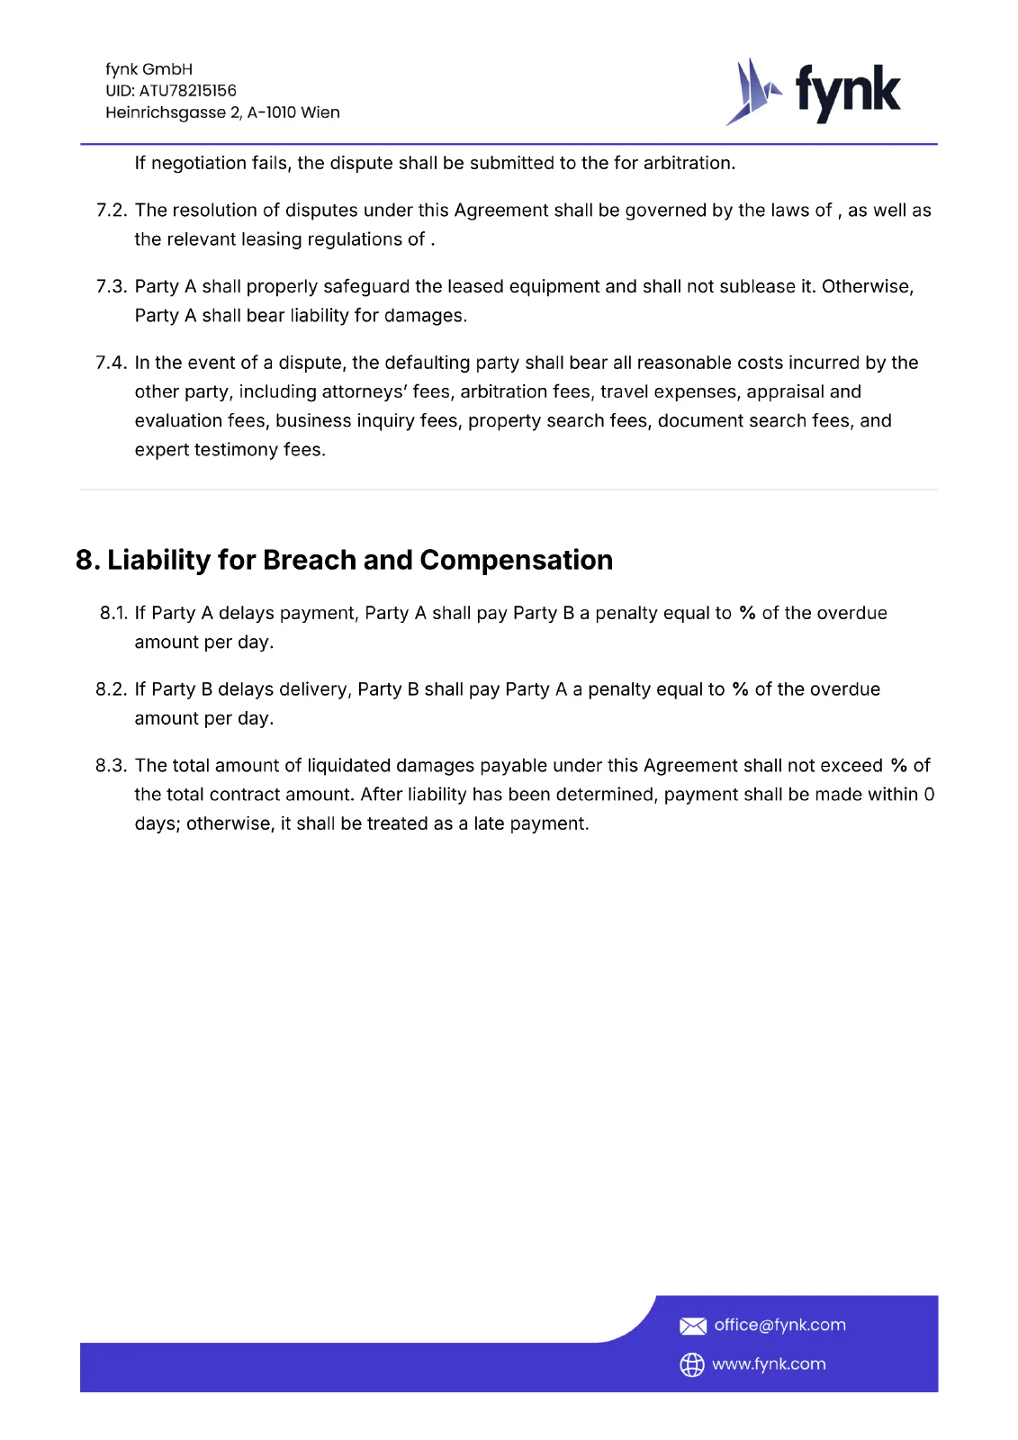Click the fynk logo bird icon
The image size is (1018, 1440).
(752, 92)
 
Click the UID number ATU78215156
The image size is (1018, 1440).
(187, 91)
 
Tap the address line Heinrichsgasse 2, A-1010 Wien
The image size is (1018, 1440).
(222, 112)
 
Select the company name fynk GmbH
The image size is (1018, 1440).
(149, 69)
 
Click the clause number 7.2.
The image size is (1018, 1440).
(112, 211)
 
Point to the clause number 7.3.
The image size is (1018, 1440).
(112, 287)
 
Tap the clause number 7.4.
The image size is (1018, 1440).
(112, 363)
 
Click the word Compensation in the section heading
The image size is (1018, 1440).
(516, 560)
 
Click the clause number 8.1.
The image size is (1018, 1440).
(113, 613)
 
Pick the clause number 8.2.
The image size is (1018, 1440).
(112, 689)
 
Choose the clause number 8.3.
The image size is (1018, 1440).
(112, 766)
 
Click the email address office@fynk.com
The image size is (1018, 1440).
(779, 1325)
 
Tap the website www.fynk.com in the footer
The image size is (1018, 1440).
(769, 1364)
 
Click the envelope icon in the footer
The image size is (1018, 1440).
(692, 1326)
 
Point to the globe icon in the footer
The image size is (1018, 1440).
(692, 1365)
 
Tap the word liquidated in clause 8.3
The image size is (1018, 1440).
(350, 766)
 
